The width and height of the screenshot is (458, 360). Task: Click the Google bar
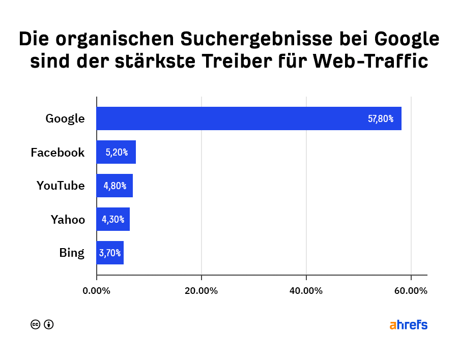pos(249,118)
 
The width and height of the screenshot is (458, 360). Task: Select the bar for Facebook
pos(116,152)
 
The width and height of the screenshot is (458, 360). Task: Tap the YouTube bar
pos(114,186)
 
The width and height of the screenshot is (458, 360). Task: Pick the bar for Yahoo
pos(113,219)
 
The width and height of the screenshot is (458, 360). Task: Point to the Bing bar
pos(110,253)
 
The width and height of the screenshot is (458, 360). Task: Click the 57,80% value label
pos(381,119)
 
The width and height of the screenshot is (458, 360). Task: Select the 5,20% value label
pos(117,152)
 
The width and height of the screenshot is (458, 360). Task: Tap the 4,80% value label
pos(115,186)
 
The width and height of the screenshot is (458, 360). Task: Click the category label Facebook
pos(58,152)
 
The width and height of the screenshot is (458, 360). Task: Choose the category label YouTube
pos(61,186)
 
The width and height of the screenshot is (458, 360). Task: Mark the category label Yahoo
pos(68,219)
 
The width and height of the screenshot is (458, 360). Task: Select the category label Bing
pos(71,253)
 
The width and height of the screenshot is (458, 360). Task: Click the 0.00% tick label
pos(96,291)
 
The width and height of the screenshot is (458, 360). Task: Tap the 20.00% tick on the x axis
pos(202,291)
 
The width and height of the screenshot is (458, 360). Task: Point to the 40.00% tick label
pos(306,291)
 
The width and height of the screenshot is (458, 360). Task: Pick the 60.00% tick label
pos(411,291)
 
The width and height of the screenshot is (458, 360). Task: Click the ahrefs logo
pos(408,325)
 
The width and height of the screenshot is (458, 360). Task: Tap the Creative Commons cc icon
pos(36,324)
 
